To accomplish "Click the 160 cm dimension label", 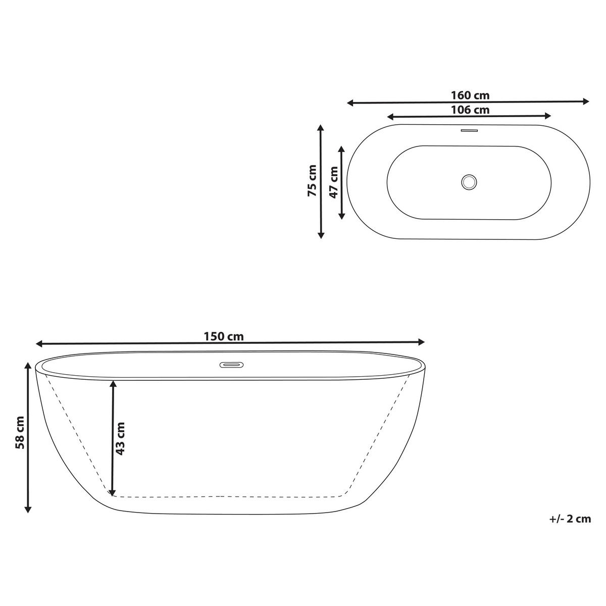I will (470, 95).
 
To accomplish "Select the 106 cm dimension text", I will (470, 110).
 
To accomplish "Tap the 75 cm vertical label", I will (313, 181).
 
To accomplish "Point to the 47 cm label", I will (334, 182).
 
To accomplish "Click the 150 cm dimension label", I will (224, 336).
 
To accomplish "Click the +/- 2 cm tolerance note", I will (570, 519).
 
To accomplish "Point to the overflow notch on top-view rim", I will (470, 130).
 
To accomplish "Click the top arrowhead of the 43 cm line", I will (113, 384).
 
